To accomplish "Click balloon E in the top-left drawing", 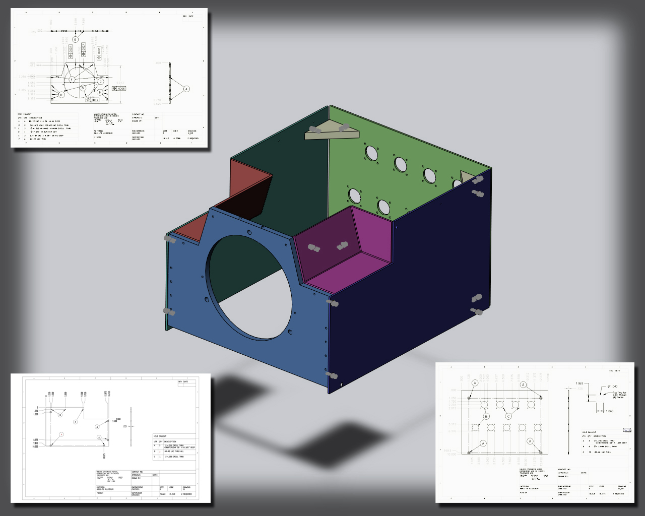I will pos(76,39).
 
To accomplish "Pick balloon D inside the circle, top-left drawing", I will pos(83,88).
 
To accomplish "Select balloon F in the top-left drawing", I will pos(72,80).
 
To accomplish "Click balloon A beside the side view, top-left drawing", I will pos(186,89).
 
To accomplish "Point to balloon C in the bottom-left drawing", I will pos(76,422).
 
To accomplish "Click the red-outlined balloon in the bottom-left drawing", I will pos(61,434).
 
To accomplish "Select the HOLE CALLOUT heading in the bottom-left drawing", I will pos(160,436).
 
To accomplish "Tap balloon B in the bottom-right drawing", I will pos(486,416).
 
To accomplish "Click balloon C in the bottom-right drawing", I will pos(508,416).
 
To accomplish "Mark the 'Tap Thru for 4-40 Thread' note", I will pos(619,395).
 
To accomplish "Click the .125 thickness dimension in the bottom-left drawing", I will pos(124,426).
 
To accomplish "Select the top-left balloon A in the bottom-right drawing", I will pos(475,383).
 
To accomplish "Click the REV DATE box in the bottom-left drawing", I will pos(186,382).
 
